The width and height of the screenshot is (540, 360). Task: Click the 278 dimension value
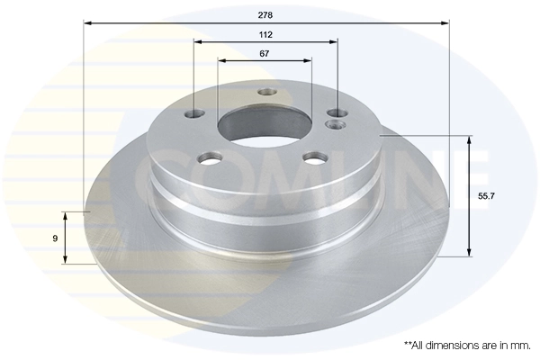tap(265, 15)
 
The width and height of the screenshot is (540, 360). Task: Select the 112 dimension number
tap(265, 34)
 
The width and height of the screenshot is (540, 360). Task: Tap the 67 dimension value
tap(265, 54)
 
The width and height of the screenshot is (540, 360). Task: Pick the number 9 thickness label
tap(56, 238)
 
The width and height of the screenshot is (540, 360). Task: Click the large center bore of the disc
tap(261, 123)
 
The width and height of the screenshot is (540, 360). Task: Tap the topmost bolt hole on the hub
tap(266, 92)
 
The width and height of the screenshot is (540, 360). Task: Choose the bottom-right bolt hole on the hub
tap(314, 157)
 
